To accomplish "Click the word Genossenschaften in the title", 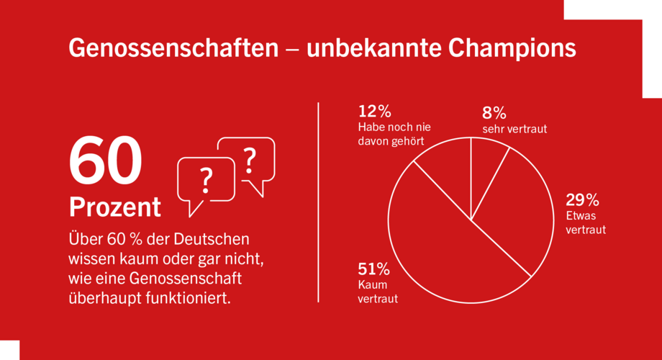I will pos(173,48).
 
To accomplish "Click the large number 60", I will pos(105,162).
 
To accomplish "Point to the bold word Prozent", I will pos(115,207).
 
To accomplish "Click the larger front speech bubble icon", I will pos(206,184).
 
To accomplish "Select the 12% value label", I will pos(374,112).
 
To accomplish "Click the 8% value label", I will pos(494,113).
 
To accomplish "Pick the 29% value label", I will pos(583,199).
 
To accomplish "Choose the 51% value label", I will pos(374,269).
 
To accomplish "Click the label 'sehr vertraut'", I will pos(514,130).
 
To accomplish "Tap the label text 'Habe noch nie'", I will pos(393,127).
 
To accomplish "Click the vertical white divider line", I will pos(318,202).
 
